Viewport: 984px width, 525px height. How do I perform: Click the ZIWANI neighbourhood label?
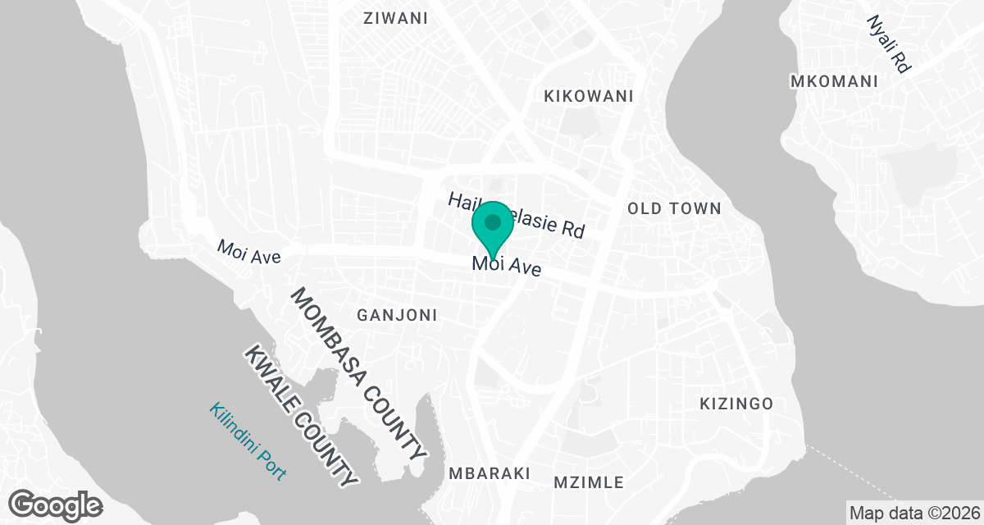[395, 18]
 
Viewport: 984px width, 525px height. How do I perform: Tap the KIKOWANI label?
[589, 96]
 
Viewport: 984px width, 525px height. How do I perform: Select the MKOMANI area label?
[833, 81]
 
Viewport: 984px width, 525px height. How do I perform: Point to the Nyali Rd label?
[889, 44]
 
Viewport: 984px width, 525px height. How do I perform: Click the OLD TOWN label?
[674, 208]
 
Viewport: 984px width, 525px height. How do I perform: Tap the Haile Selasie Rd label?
[517, 214]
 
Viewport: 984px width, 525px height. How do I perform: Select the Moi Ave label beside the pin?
[507, 265]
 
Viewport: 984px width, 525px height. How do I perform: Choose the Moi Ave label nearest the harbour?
[248, 252]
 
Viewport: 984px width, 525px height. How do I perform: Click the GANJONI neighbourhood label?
[397, 315]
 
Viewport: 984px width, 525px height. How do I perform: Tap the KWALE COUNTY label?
[301, 416]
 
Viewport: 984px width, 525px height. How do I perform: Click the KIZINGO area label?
[736, 404]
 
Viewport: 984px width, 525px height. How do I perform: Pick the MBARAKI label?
[490, 473]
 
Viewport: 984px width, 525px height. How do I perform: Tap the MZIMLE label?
[589, 482]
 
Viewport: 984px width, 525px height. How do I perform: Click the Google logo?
[56, 504]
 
